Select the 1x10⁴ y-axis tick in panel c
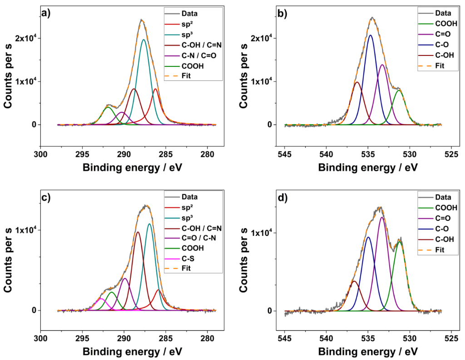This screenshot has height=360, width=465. [23, 230]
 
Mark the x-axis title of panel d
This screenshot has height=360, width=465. [368, 352]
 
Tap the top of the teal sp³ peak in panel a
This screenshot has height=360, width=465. [143, 40]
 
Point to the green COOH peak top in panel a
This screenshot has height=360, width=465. [108, 107]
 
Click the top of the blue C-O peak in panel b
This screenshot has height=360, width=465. [370, 35]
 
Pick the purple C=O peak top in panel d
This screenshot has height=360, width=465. [382, 217]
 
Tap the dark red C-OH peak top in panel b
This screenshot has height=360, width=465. [357, 82]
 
